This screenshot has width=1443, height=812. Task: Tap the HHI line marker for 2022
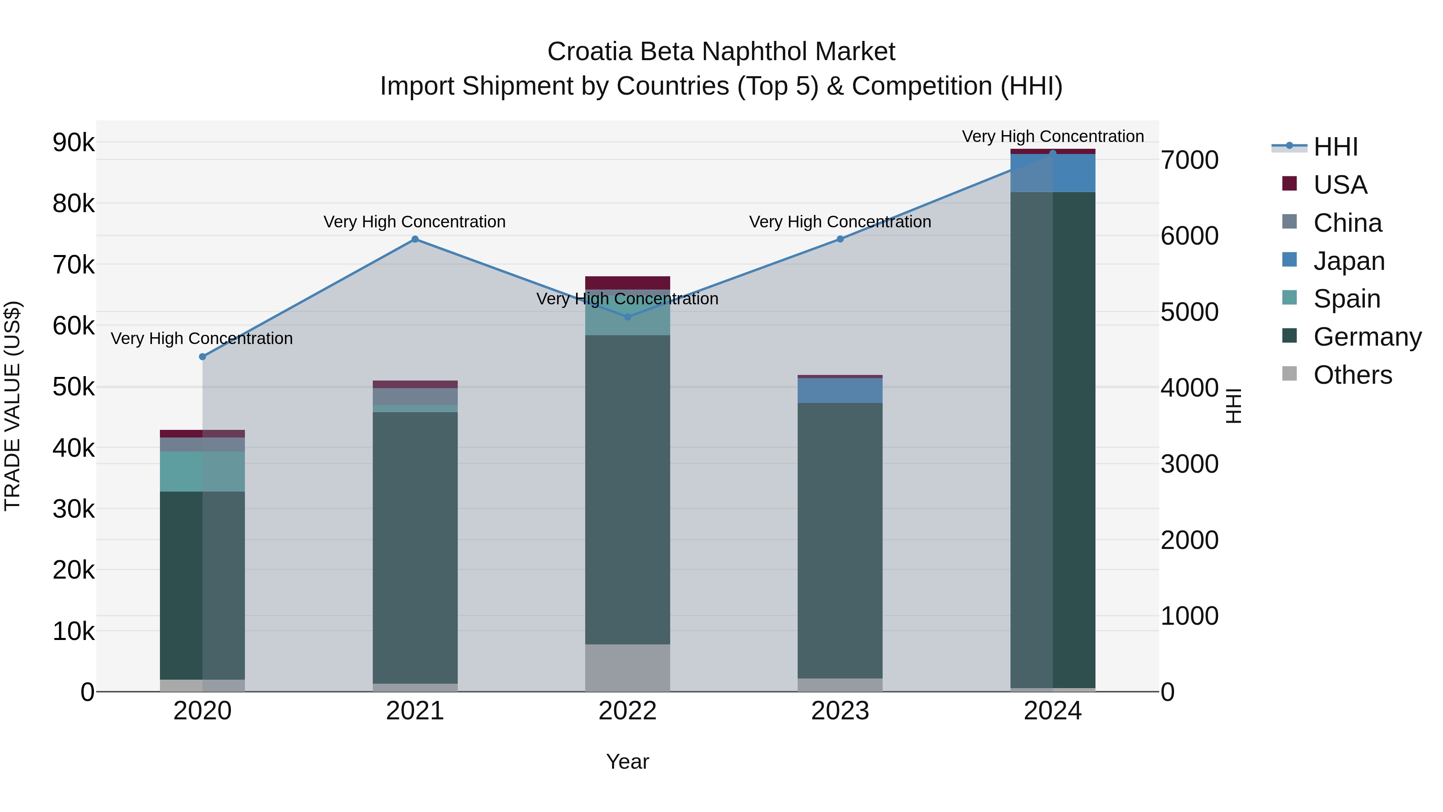pos(627,317)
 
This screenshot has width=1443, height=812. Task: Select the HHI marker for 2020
pos(203,357)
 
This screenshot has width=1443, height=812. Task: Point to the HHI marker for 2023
pos(840,239)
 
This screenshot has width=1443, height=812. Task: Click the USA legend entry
pos(1340,185)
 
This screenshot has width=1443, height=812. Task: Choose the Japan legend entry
pos(1348,261)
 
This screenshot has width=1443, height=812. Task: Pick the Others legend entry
pos(1352,375)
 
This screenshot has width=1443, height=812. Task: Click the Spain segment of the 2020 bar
pos(202,472)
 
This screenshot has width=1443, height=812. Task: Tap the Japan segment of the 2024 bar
pos(1053,174)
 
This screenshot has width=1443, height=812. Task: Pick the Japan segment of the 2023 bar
pos(840,391)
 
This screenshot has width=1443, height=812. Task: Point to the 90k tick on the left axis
pos(73,143)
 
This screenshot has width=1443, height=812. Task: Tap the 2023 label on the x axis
pos(840,711)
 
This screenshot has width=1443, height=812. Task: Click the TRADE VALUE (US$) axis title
pos(12,406)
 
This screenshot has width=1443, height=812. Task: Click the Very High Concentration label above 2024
pos(1053,137)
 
